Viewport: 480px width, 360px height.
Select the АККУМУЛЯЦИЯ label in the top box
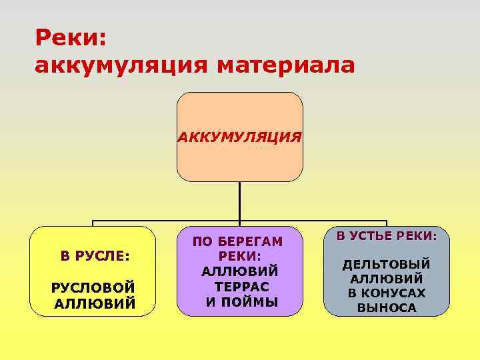[239, 137]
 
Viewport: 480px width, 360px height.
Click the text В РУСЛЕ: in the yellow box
[94, 255]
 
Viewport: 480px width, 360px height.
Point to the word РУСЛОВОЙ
[94, 287]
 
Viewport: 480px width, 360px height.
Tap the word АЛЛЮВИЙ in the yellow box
[94, 303]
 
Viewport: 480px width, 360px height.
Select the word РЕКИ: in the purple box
[239, 256]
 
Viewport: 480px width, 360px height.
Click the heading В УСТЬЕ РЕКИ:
[386, 236]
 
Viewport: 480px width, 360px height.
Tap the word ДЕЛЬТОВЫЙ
[386, 265]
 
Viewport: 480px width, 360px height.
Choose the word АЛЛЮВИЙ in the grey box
[386, 279]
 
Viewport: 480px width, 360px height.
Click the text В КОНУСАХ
[387, 293]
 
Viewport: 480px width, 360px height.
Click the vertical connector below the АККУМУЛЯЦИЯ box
[240, 200]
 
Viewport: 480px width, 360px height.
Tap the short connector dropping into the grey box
[387, 223]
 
